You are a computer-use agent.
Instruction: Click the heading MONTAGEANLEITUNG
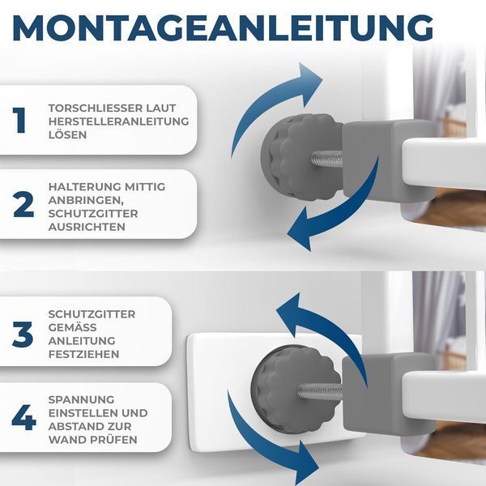point(223,28)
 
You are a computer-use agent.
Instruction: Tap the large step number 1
point(19,120)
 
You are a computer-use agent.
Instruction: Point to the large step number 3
point(23,334)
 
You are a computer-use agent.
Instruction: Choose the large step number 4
point(23,417)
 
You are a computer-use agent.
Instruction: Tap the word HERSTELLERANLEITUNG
point(119,122)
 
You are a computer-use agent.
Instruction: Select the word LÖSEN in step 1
point(67,134)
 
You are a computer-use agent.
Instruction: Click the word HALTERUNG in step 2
point(84,186)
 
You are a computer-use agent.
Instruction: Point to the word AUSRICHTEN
point(87,227)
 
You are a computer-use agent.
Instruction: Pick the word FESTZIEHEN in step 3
point(83,354)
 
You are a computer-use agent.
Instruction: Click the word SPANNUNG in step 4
point(81,399)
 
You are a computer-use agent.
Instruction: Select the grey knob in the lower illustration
point(295,389)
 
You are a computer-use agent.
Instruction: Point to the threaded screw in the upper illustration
point(327,159)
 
